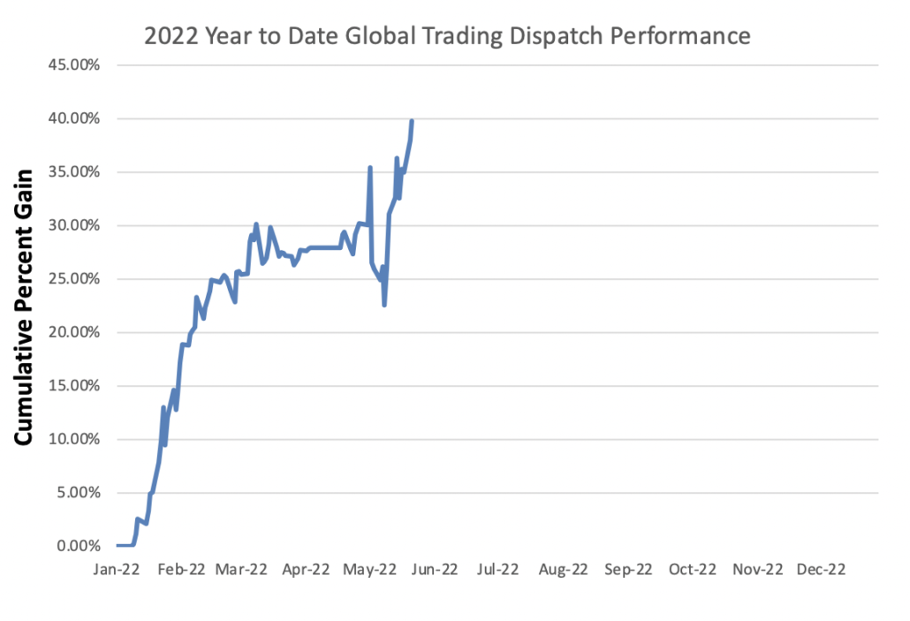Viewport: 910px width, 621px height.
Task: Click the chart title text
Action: (x=448, y=36)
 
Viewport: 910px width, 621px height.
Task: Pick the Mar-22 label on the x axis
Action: (x=242, y=570)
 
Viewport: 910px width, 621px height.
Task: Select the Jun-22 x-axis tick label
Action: (x=433, y=570)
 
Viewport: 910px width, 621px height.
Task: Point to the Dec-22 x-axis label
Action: (x=822, y=570)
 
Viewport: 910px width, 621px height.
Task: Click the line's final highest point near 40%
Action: (x=412, y=121)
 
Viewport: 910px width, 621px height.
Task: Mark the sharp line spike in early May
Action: (x=370, y=167)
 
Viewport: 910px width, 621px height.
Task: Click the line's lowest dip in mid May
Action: (x=384, y=305)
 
